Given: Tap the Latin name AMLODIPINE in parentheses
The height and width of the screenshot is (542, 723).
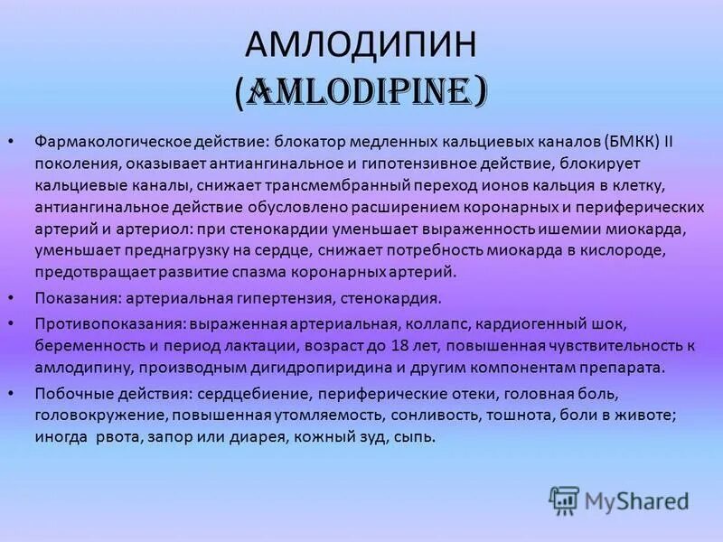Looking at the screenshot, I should [361, 91].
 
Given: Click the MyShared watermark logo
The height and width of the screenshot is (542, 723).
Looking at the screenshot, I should [620, 500].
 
